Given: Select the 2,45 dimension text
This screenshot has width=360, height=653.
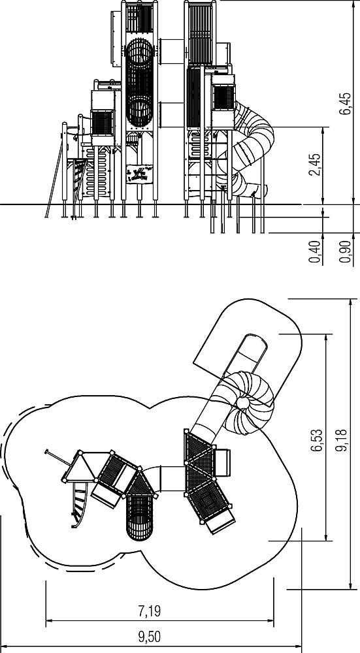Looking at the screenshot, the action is (x=315, y=165).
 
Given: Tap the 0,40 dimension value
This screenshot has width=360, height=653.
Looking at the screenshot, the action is (x=315, y=251).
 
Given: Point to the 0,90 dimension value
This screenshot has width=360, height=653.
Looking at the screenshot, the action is (x=346, y=251).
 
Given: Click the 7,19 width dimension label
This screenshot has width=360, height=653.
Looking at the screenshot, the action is (x=149, y=611).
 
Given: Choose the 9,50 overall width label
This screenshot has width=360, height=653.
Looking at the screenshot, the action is (x=149, y=637).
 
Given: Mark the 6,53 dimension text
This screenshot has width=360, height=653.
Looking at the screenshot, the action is (x=318, y=440).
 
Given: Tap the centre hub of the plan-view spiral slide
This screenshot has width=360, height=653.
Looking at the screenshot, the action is (x=242, y=403).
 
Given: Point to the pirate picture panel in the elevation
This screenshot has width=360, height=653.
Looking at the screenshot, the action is (x=139, y=174).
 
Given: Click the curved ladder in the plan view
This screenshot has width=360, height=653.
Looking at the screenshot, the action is (x=80, y=505).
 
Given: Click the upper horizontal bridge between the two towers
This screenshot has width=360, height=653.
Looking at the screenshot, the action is (x=171, y=52).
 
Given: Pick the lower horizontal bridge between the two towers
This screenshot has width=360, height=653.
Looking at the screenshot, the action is (x=171, y=114).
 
